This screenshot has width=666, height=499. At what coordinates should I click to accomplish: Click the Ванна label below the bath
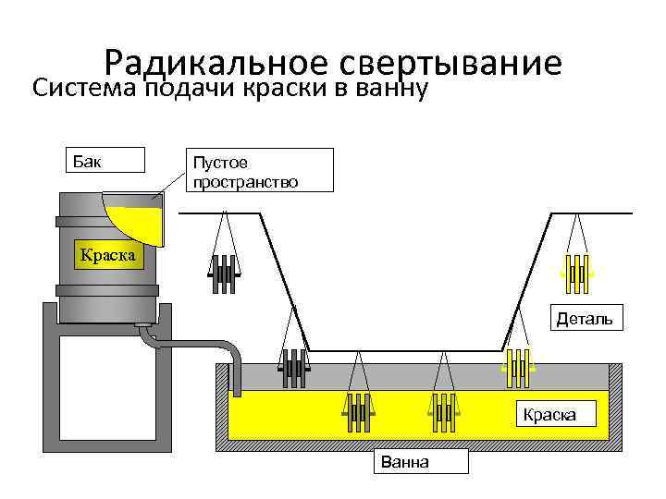point(419,461)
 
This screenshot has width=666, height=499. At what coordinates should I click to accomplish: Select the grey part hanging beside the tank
point(223,274)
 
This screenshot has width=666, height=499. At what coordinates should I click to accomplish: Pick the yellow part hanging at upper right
point(575,270)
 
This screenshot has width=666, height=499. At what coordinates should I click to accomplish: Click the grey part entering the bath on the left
point(292,369)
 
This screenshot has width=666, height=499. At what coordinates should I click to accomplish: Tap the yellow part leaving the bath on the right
point(517,369)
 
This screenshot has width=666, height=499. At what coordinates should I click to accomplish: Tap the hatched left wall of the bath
point(222,407)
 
